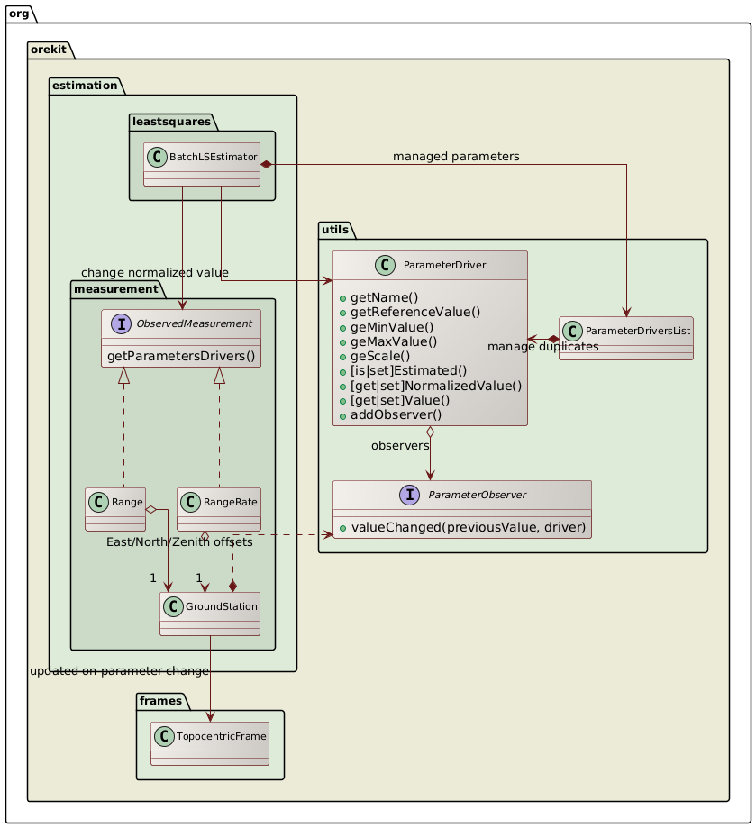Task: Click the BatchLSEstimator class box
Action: [x=202, y=164]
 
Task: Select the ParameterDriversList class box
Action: [x=625, y=338]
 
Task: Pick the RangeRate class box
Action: [x=219, y=509]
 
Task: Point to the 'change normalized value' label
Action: [x=154, y=272]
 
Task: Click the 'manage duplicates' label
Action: [x=542, y=346]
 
